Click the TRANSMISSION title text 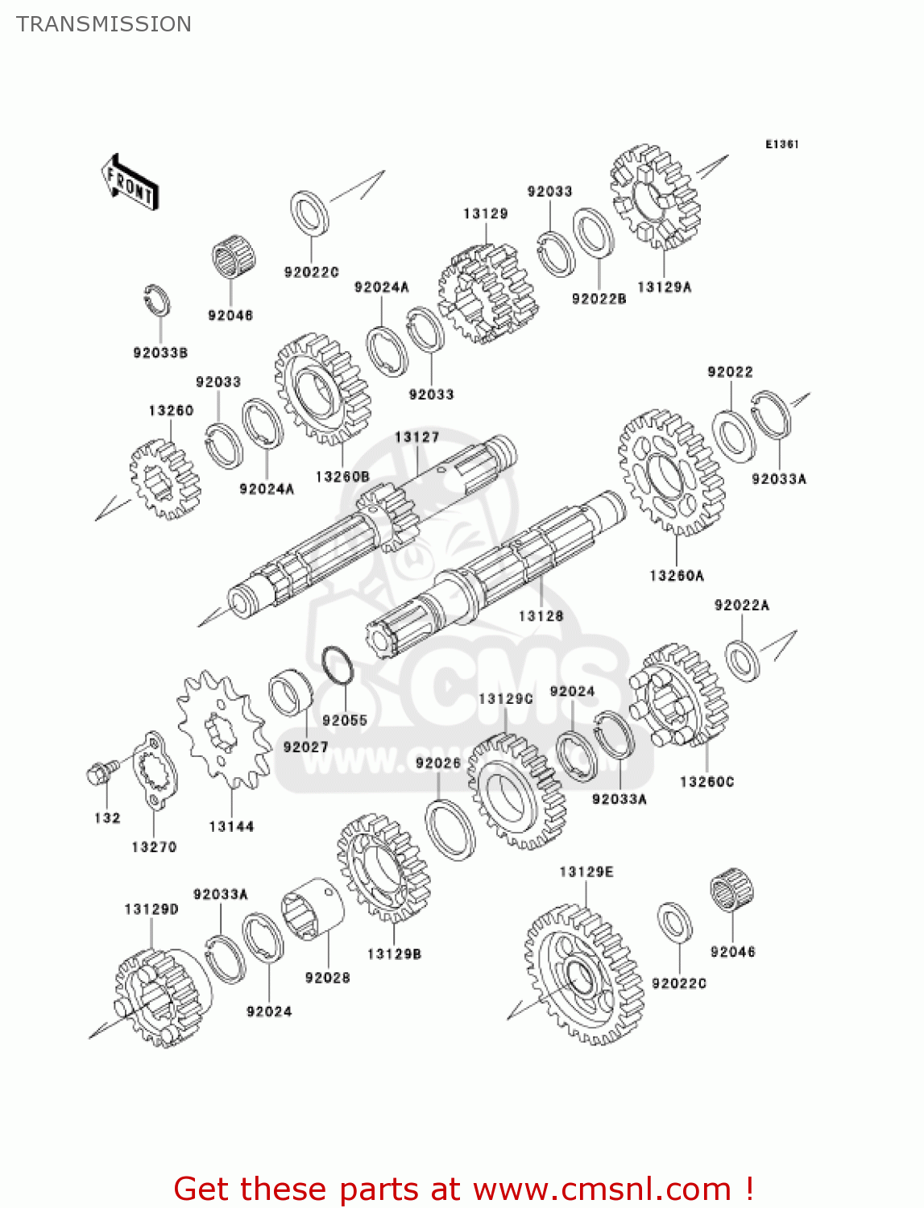coord(104,24)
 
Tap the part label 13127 coord(416,437)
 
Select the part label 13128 coord(541,616)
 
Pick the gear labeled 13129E coord(583,974)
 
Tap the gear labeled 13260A coord(671,473)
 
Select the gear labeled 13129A coord(656,197)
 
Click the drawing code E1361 coord(781,144)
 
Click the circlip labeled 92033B coord(158,301)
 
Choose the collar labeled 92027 coord(291,693)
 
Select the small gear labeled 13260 coord(165,478)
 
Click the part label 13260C coord(706,782)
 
